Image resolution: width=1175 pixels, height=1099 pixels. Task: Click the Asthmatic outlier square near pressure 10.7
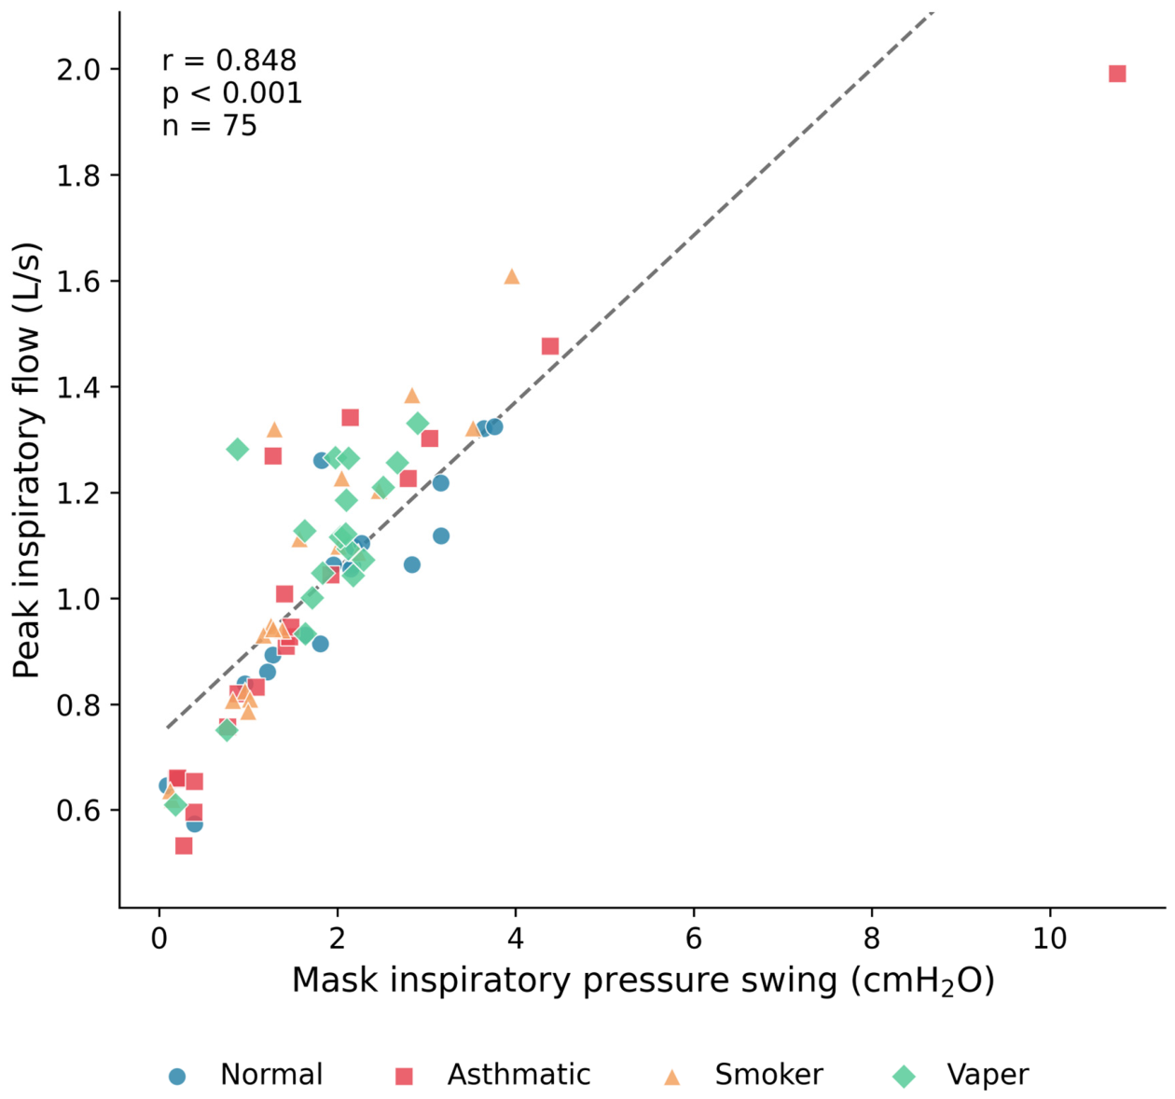[x=1116, y=74]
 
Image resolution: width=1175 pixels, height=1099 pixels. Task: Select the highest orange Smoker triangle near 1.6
[x=512, y=276]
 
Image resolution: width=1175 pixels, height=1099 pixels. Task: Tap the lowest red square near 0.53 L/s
[x=184, y=846]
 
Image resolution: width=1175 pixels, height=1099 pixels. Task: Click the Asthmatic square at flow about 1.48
[x=550, y=346]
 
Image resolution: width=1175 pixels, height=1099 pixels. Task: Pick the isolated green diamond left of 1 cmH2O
[x=237, y=450]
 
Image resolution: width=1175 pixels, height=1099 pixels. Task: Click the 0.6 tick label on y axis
[x=79, y=811]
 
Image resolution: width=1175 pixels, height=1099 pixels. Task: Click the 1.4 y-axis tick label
[x=79, y=388]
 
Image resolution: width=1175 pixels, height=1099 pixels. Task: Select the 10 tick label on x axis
[x=1049, y=938]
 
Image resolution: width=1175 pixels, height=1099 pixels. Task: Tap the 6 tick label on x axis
[x=694, y=938]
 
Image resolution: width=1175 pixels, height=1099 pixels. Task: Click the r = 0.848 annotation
[x=229, y=61]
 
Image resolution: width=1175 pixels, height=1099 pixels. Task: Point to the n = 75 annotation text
[x=210, y=126]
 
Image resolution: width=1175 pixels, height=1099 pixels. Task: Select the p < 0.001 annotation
[x=232, y=93]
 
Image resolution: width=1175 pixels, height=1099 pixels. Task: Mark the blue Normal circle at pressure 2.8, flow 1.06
[x=412, y=565]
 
